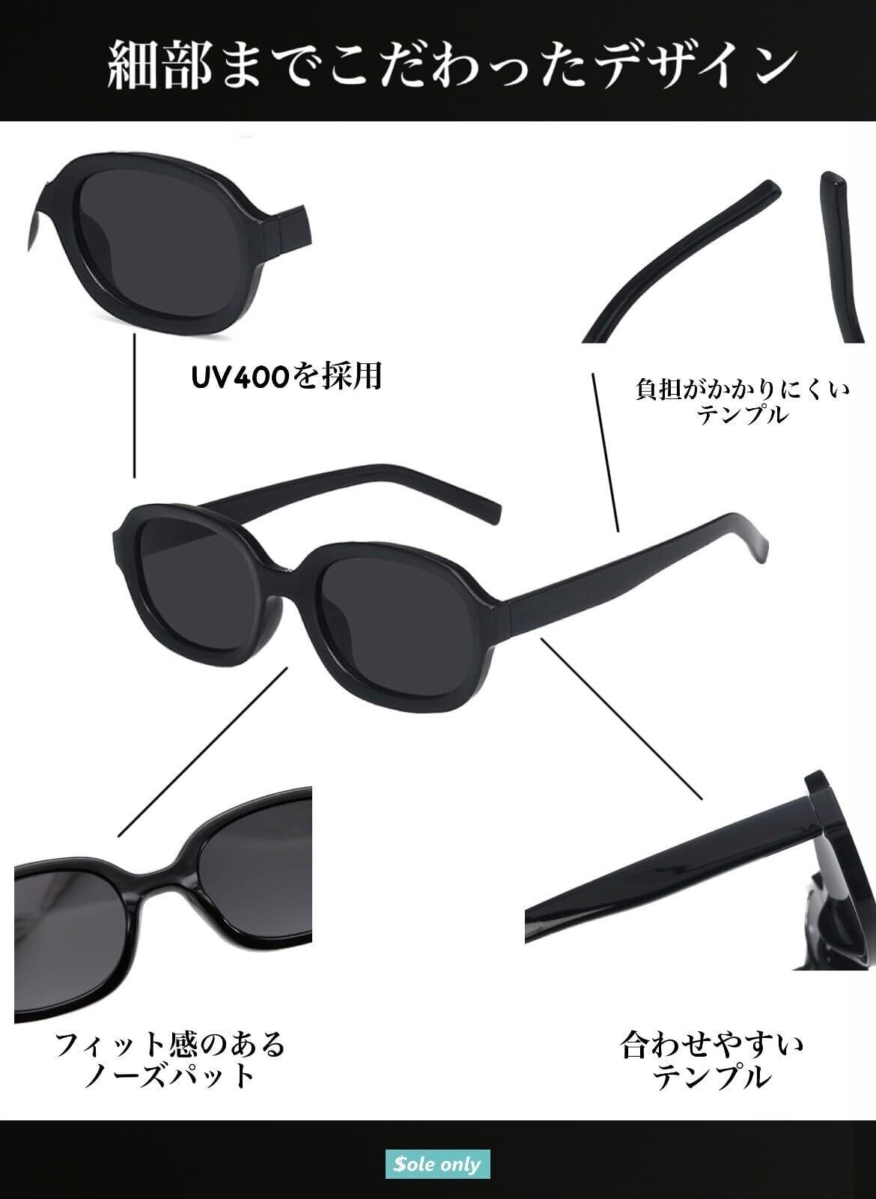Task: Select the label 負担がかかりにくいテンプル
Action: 742,401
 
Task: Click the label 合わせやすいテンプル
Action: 711,1060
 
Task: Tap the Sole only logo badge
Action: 437,1164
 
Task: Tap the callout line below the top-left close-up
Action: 135,405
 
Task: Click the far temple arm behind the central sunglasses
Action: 352,487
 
